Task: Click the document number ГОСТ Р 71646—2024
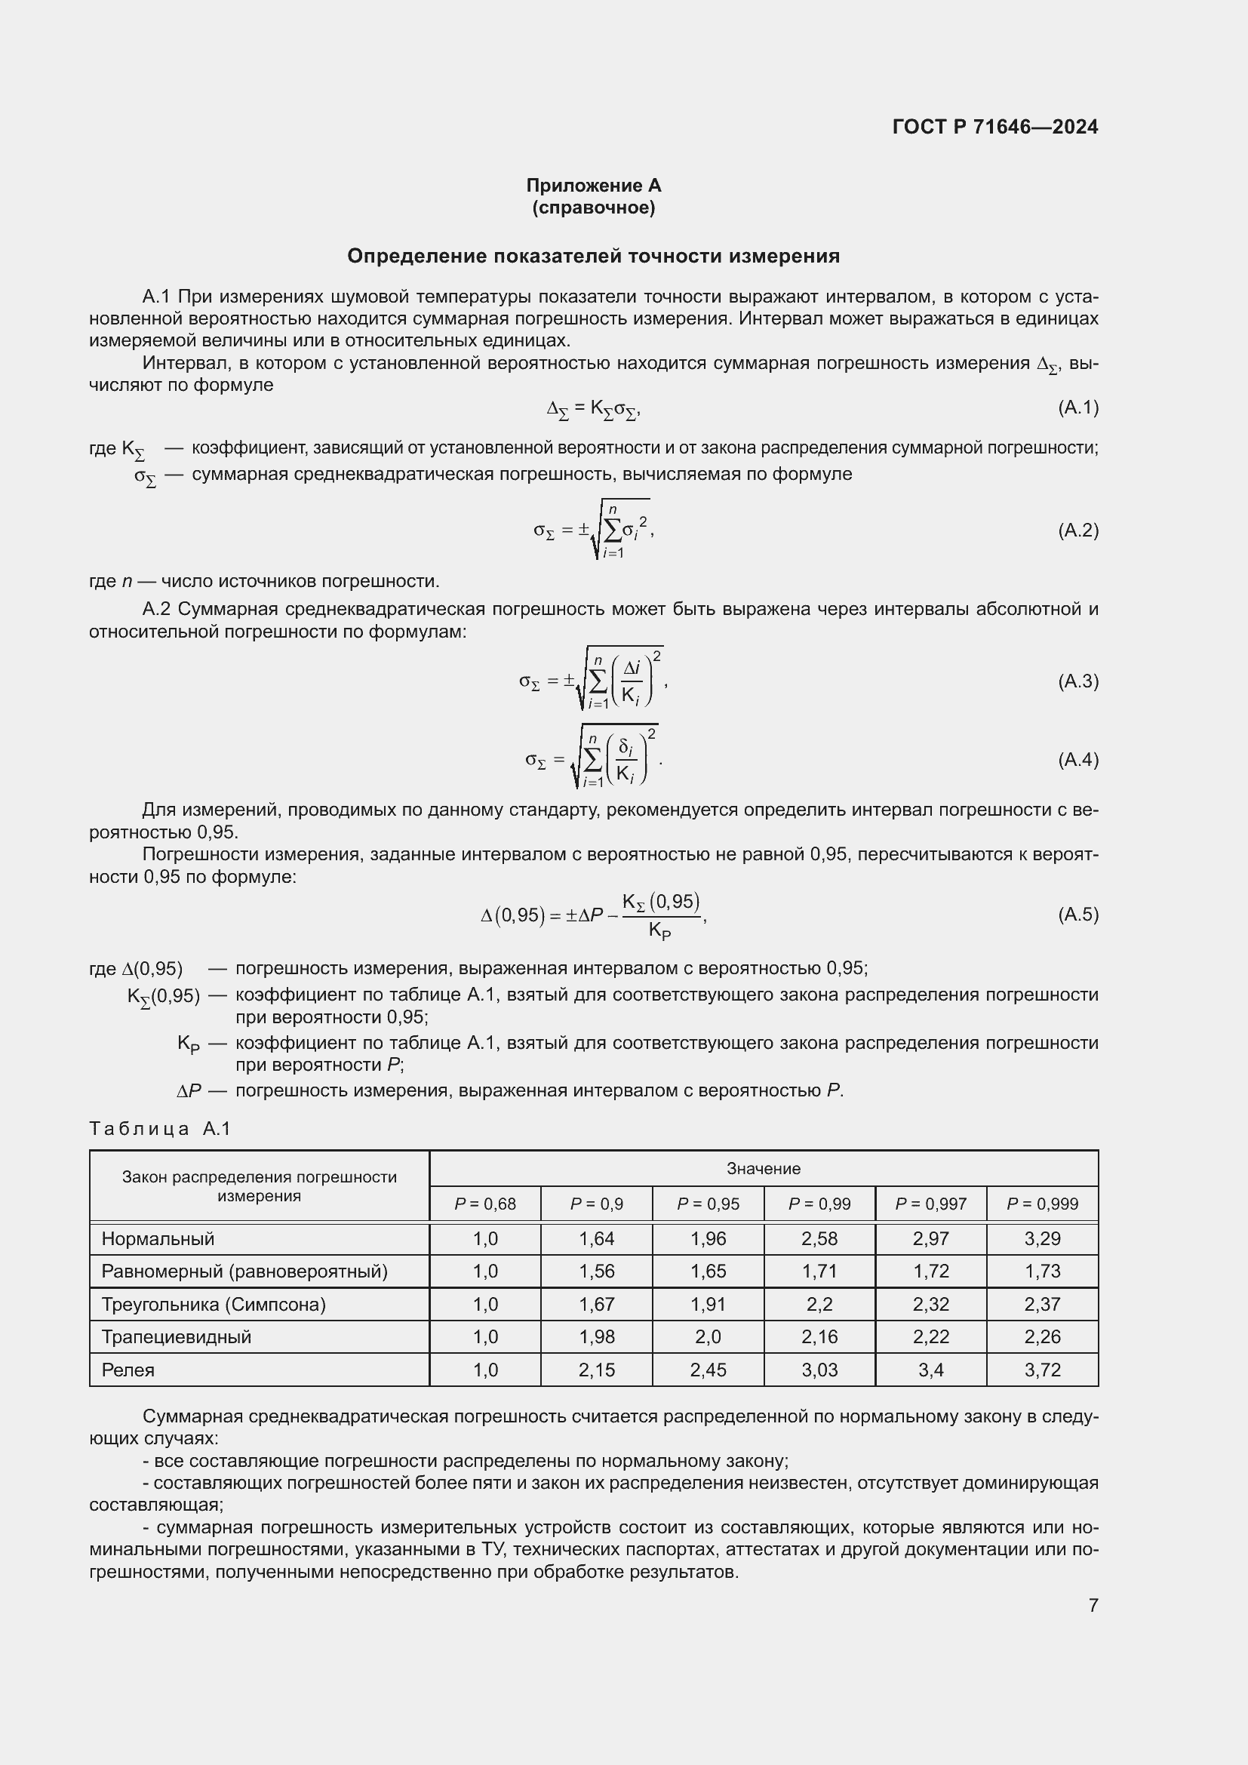pos(994,127)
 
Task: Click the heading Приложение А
pos(593,186)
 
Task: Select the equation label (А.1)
pos(1077,407)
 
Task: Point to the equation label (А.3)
pos(1077,681)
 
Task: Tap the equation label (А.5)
pos(1077,914)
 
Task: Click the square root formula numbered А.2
pos(593,530)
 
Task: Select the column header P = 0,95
pos(708,1204)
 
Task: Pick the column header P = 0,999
pos(1042,1204)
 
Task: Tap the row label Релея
pos(128,1370)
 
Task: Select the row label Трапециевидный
pos(177,1337)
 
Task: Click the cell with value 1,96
pos(708,1238)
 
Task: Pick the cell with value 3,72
pos(1042,1370)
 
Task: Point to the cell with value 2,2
pos(819,1305)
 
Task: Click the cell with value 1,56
pos(596,1271)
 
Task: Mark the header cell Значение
pos(763,1168)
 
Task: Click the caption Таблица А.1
pos(160,1128)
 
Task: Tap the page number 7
pos(1093,1605)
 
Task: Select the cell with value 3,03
pos(819,1370)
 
